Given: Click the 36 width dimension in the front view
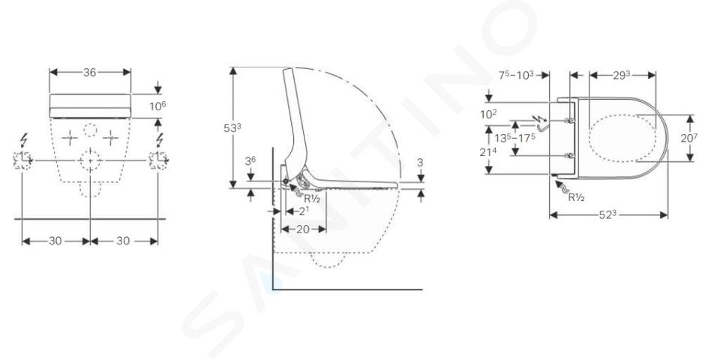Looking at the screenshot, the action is coord(90,72).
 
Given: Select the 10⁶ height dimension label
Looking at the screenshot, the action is coord(157,106).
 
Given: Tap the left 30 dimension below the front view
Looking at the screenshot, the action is coord(55,241).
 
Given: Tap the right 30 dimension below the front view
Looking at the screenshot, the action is coord(123,241).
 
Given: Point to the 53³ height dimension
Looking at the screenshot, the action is coord(232,128).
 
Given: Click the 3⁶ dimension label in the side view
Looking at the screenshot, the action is coord(250,161).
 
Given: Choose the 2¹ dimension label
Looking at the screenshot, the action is coord(304,211).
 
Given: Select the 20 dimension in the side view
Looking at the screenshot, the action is coord(302,229).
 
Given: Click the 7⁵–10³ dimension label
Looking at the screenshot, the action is coord(516,75).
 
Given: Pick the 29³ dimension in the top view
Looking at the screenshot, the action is coord(621,75).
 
